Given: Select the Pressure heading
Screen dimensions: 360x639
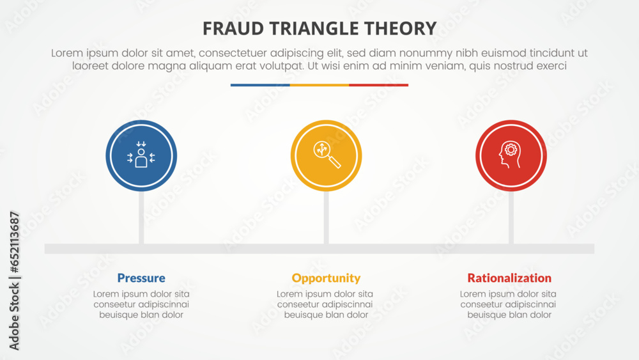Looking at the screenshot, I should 141,278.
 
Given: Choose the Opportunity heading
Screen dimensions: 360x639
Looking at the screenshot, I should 326,278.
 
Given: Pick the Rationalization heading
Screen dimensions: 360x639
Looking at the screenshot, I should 509,278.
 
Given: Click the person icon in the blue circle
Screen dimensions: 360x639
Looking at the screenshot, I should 141,155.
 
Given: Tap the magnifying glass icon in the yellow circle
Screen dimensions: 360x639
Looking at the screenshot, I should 327,155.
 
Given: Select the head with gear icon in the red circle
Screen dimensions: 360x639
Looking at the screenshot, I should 511,155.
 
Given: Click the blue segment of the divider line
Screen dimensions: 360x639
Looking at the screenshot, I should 260,85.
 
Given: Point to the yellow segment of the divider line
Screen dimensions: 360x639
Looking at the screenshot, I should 319,85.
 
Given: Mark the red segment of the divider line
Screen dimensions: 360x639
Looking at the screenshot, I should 378,85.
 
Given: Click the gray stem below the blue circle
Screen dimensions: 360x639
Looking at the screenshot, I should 141,217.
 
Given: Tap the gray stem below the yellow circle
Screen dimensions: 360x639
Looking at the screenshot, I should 327,217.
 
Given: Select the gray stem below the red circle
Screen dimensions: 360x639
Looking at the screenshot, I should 511,217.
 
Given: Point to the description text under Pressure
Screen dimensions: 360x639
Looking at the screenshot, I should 141,304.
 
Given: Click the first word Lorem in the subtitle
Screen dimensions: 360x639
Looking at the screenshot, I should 66,54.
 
